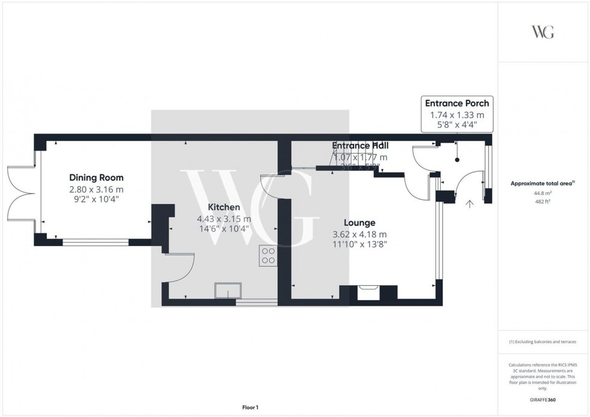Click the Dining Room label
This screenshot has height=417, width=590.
point(96,178)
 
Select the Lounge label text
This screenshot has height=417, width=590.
point(359,223)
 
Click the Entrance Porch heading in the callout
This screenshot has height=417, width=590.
point(457,103)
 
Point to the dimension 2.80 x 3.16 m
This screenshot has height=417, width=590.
point(96,189)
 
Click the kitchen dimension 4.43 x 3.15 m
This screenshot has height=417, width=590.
point(224,218)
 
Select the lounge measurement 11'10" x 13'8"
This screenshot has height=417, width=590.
point(359,245)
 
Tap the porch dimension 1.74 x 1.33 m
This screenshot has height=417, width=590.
point(457,114)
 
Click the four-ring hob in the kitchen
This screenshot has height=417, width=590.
point(268,256)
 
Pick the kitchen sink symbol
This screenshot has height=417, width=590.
point(228,291)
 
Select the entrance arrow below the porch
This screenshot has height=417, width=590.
point(470,204)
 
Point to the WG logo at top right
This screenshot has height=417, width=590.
point(542,32)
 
